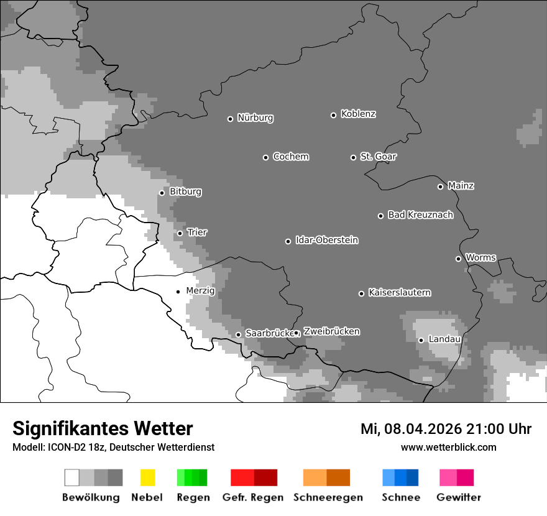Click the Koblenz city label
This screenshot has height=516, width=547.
click(x=358, y=114)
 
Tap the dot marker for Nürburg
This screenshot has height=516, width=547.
click(x=230, y=119)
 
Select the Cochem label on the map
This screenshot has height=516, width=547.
click(x=290, y=157)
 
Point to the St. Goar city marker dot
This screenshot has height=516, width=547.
click(x=353, y=157)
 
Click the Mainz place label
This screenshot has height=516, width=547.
click(x=461, y=186)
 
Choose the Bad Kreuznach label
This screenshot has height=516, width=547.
click(x=420, y=215)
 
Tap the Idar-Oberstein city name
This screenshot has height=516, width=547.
click(x=326, y=241)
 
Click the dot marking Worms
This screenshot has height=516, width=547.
click(x=458, y=259)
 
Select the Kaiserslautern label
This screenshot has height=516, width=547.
click(x=399, y=293)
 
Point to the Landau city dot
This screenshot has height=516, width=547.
click(x=421, y=340)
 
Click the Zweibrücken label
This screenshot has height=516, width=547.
click(x=331, y=332)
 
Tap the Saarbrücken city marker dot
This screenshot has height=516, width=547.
click(x=238, y=334)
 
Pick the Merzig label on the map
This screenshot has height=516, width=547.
click(x=200, y=291)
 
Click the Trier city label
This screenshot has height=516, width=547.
click(x=197, y=233)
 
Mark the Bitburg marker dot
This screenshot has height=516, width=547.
click(x=162, y=193)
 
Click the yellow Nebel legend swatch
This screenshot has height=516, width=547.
click(x=147, y=477)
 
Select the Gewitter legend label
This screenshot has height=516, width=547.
click(x=458, y=497)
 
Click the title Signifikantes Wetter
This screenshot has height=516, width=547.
click(x=103, y=428)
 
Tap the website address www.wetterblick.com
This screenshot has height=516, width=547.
click(x=448, y=448)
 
